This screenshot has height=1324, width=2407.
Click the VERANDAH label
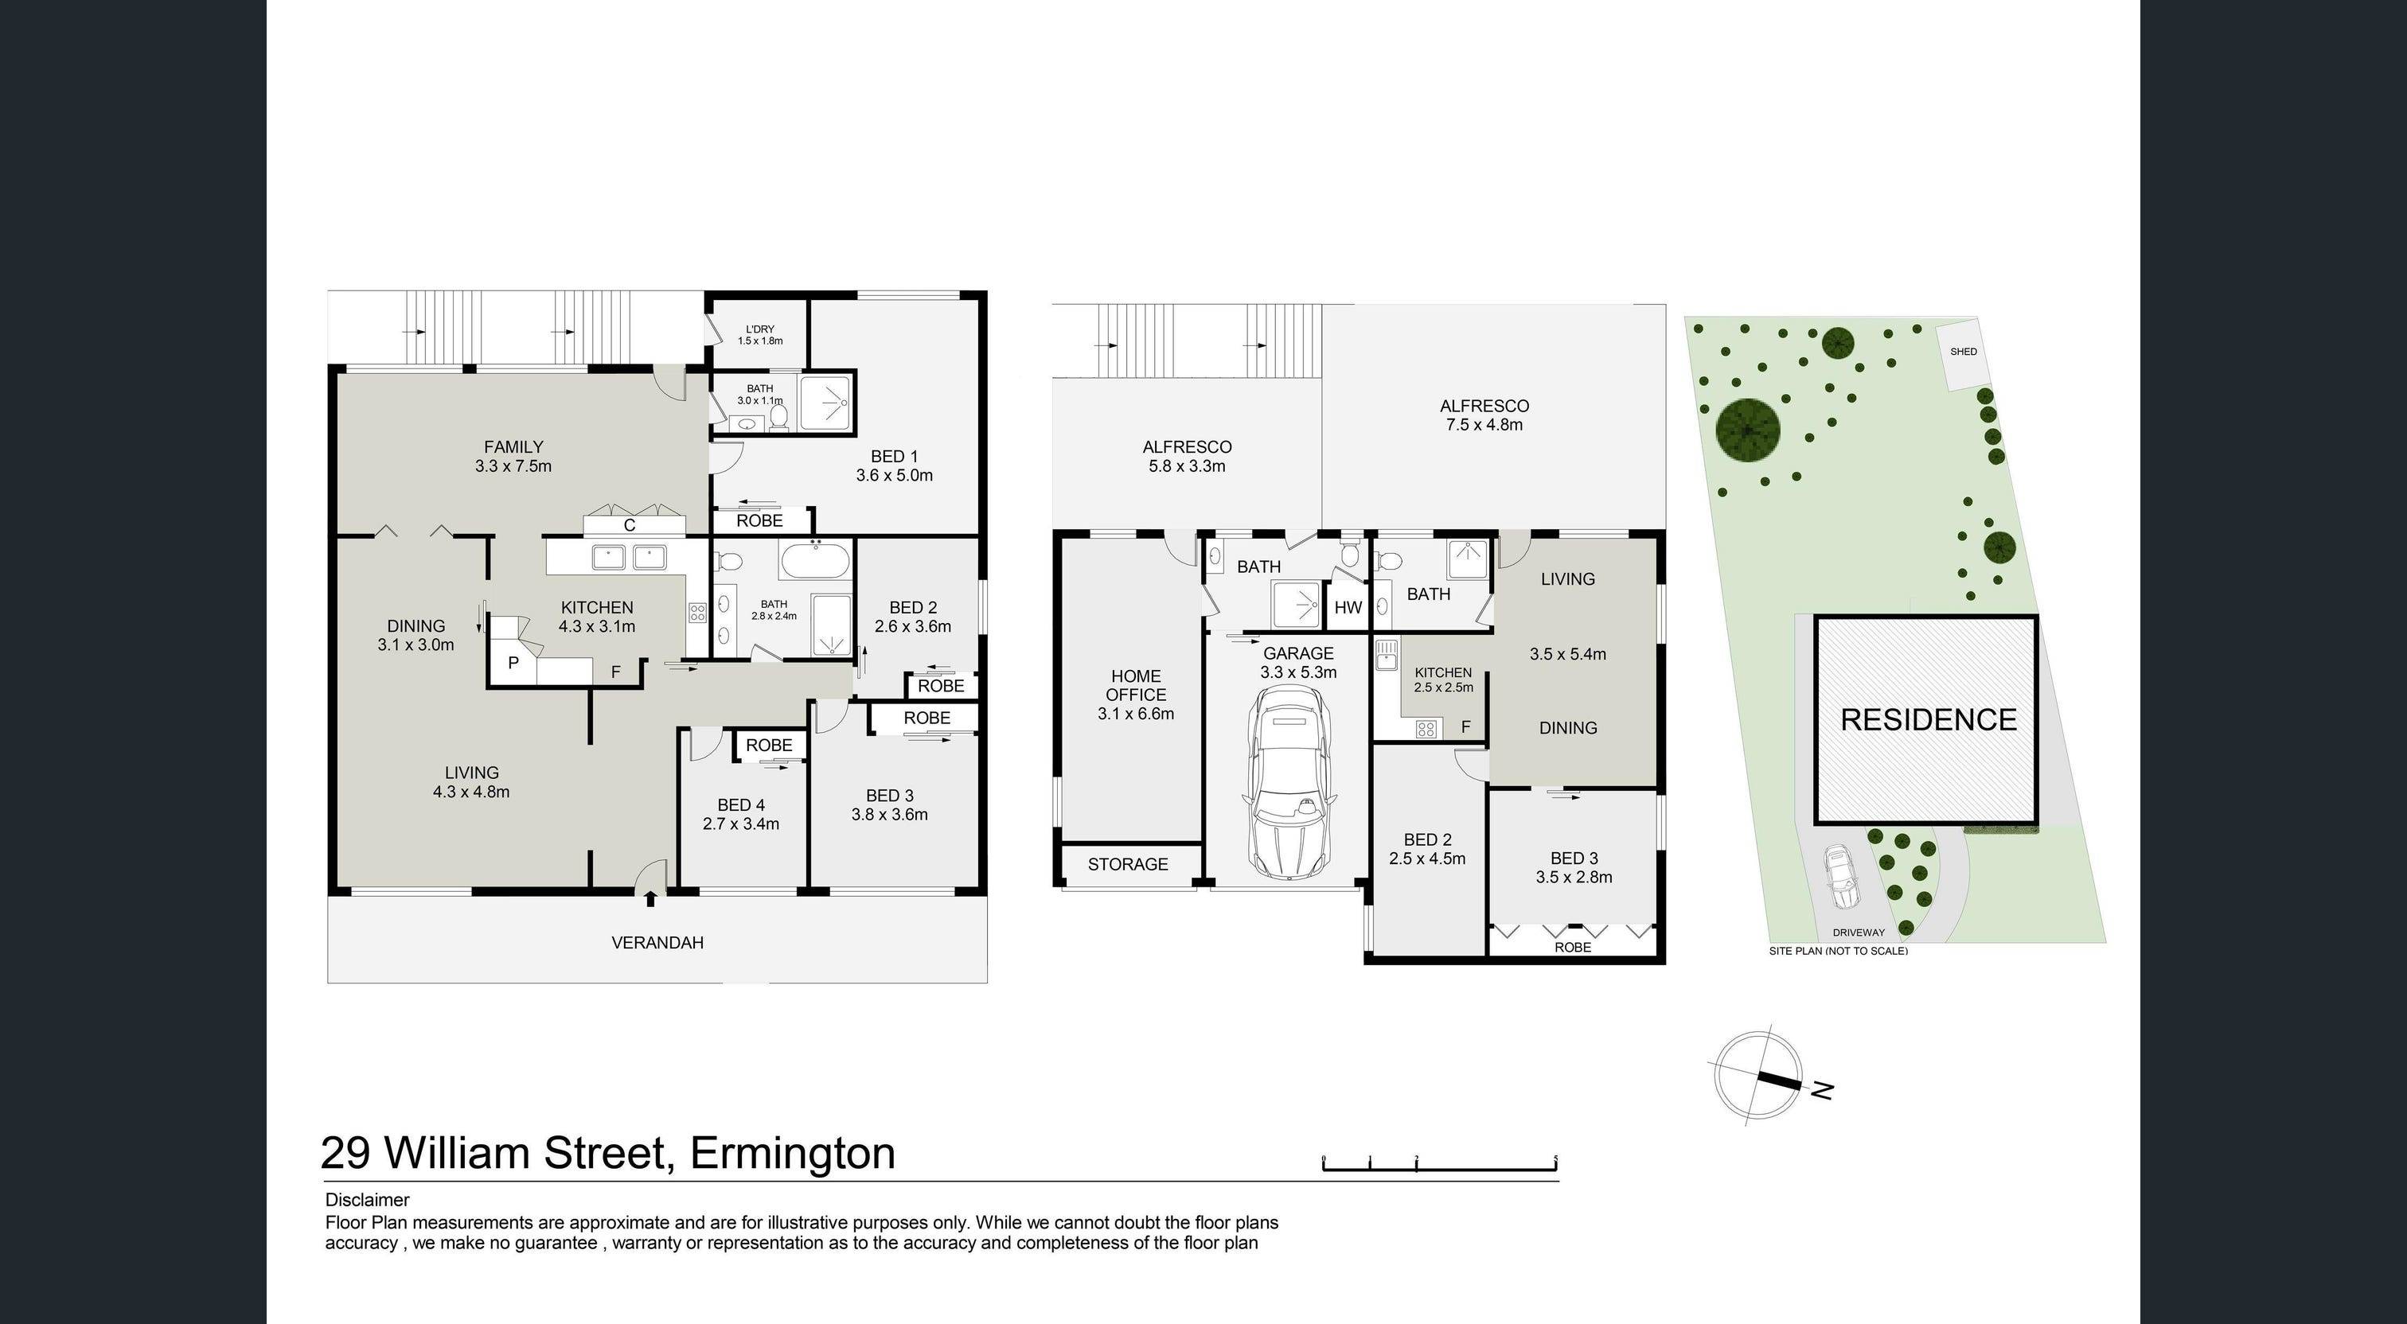(x=657, y=943)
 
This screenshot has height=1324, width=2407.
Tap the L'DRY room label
(x=759, y=329)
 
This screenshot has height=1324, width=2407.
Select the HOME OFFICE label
(x=1135, y=685)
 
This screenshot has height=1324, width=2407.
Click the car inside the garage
(x=1289, y=783)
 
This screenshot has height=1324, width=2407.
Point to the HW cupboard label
(x=1348, y=607)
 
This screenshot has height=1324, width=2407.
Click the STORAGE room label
(x=1128, y=864)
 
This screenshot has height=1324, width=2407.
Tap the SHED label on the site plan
(x=1963, y=352)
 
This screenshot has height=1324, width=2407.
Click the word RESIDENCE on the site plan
(x=1929, y=719)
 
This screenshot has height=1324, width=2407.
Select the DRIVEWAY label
(x=1859, y=933)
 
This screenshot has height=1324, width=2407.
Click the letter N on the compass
(x=1822, y=1088)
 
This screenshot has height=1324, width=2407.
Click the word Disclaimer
(x=367, y=1200)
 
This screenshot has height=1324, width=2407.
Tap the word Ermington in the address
(x=792, y=1153)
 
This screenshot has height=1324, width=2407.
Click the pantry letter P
(x=513, y=664)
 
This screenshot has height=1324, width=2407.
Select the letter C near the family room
(x=629, y=525)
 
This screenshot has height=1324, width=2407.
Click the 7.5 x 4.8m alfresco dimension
(x=1484, y=425)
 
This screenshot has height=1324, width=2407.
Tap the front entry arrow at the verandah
(x=650, y=898)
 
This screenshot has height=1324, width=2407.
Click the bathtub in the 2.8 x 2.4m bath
(x=815, y=563)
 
